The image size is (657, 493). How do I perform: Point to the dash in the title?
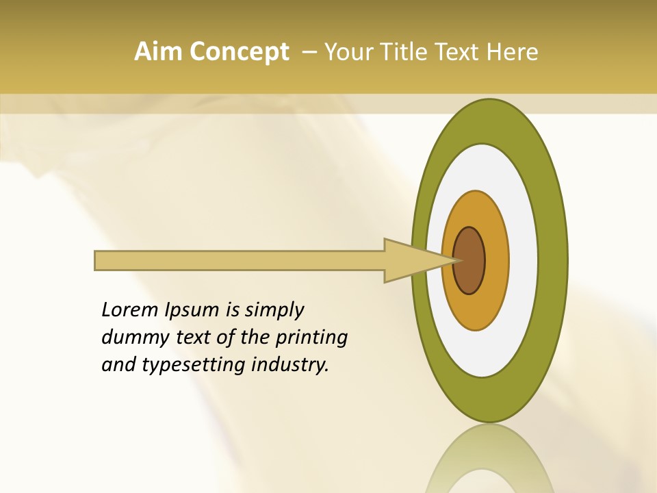pos(309,52)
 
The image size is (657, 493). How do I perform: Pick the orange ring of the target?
pos(495,260)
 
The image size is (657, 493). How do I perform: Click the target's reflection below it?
pos(489,459)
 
